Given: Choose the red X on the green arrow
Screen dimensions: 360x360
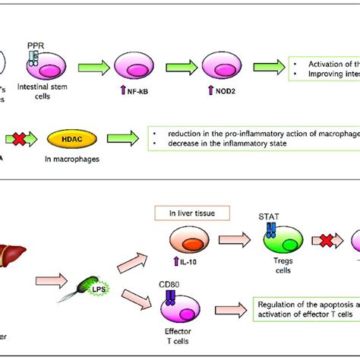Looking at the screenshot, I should [x=24, y=140].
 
